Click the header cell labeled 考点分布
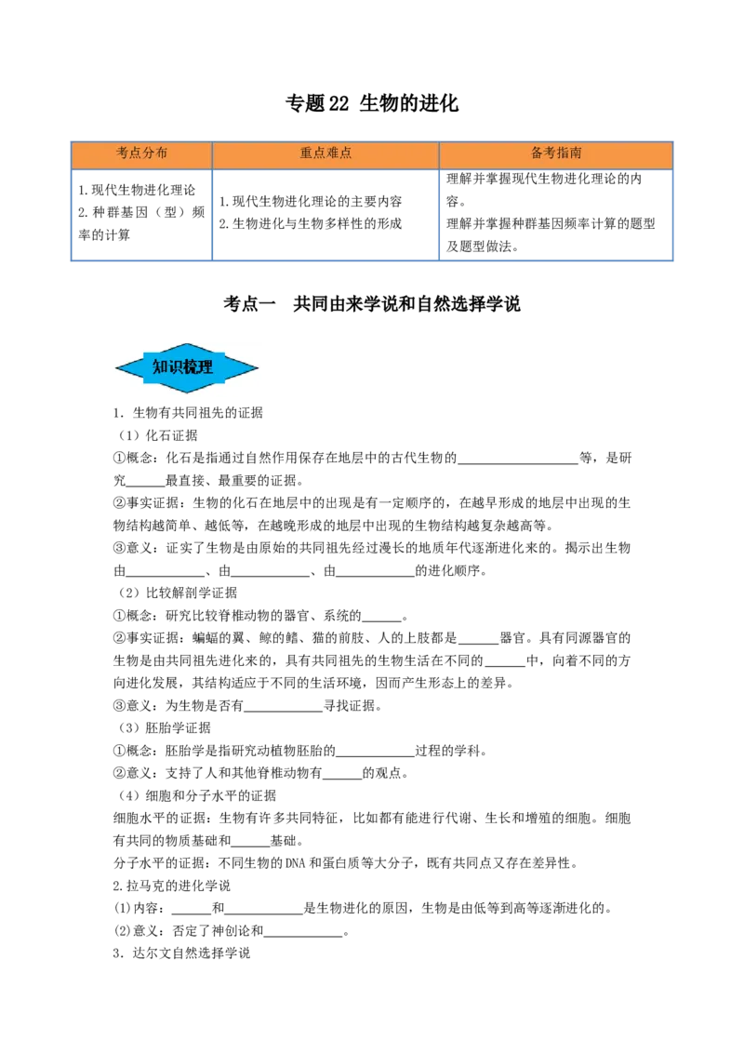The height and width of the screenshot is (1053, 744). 141,154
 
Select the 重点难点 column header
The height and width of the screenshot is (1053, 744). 325,154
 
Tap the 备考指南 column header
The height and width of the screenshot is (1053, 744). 556,154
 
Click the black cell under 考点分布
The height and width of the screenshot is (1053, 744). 141,211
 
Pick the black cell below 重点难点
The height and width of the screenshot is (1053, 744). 324,211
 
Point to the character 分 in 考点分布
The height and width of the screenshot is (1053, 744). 149,153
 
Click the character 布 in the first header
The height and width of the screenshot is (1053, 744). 162,153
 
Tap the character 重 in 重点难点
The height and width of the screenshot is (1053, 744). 306,153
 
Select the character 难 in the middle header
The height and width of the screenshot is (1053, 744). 332,153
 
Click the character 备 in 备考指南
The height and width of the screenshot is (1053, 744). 537,153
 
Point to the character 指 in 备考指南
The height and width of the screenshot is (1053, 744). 563,153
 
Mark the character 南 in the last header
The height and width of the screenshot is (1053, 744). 576,153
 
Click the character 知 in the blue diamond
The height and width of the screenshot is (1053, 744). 160,367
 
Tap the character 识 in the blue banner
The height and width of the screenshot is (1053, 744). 176,367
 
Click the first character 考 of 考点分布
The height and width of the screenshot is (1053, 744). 123,153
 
